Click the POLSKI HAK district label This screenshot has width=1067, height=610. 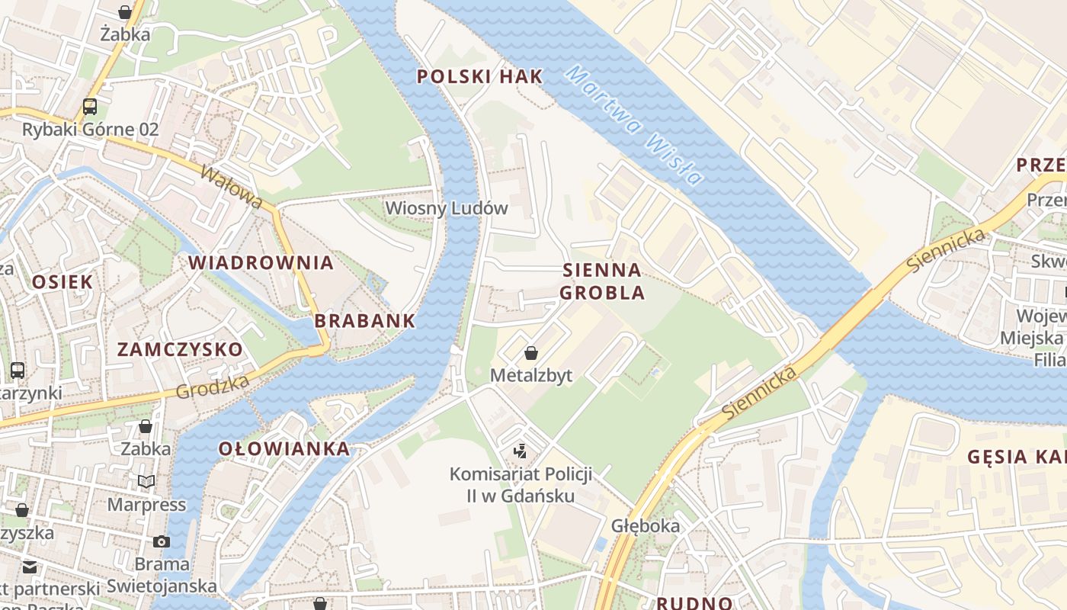pyautogui.click(x=480, y=76)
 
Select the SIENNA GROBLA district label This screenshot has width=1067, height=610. pyautogui.click(x=602, y=281)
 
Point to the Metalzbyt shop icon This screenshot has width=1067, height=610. pyautogui.click(x=531, y=353)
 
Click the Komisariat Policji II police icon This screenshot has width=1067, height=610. pyautogui.click(x=521, y=451)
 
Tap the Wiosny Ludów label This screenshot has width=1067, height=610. pyautogui.click(x=446, y=208)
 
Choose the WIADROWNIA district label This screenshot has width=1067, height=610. pyautogui.click(x=261, y=263)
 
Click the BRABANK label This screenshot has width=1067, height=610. pyautogui.click(x=365, y=321)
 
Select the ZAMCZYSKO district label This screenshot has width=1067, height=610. pyautogui.click(x=180, y=350)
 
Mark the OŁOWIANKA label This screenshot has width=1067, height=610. pyautogui.click(x=284, y=449)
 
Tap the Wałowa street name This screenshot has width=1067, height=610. pyautogui.click(x=232, y=187)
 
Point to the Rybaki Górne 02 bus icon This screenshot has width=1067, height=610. pyautogui.click(x=90, y=107)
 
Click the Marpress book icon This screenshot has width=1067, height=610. pyautogui.click(x=146, y=482)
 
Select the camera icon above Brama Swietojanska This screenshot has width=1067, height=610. pyautogui.click(x=162, y=541)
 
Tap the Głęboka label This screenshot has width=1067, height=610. pyautogui.click(x=646, y=526)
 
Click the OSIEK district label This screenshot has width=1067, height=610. pyautogui.click(x=62, y=282)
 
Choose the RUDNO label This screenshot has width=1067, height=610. pyautogui.click(x=694, y=603)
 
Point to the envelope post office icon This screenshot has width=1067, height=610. pyautogui.click(x=30, y=567)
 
